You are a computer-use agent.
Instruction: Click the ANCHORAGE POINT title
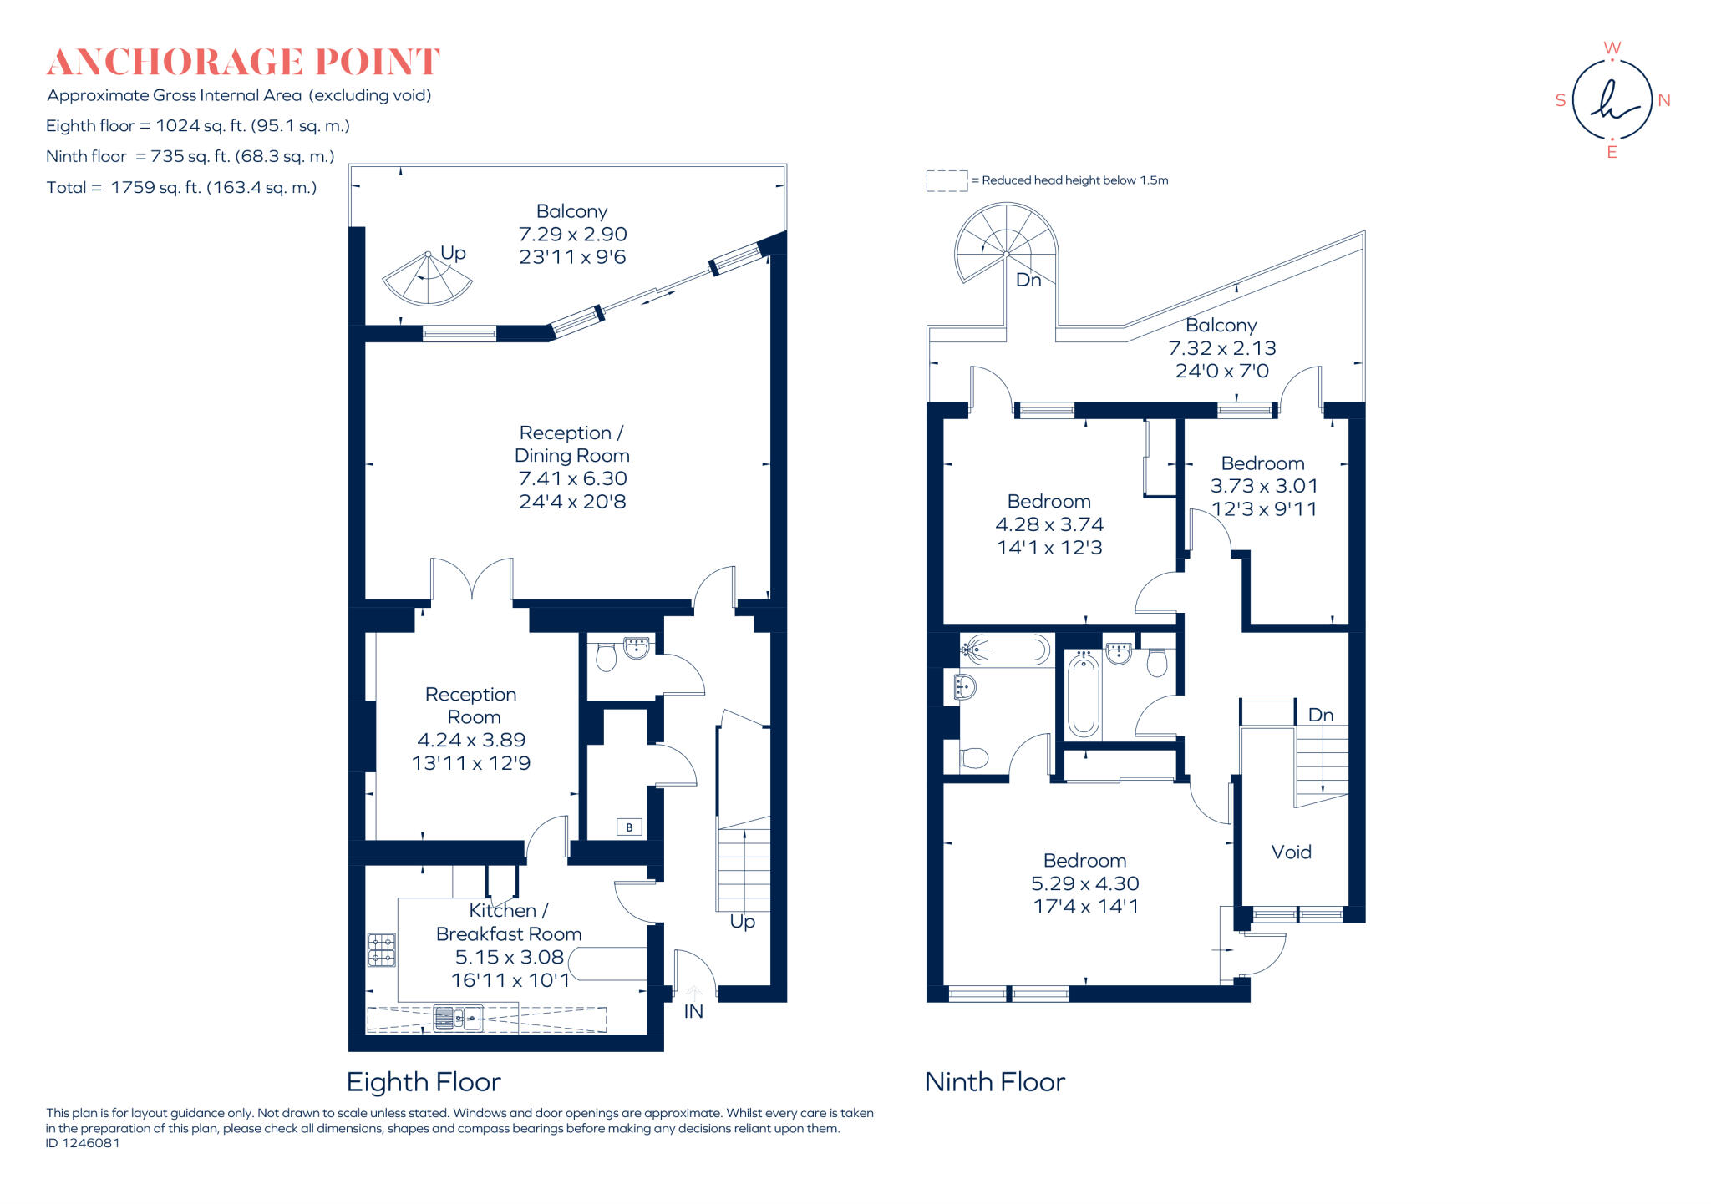click(x=243, y=63)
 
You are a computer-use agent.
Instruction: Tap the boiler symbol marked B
click(x=629, y=827)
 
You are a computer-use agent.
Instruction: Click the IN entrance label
click(x=693, y=1011)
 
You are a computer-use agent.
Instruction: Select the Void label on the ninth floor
click(x=1291, y=852)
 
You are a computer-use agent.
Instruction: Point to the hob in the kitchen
click(x=382, y=949)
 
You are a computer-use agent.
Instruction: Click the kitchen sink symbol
click(x=458, y=1018)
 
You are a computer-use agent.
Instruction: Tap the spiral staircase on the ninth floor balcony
click(x=1006, y=245)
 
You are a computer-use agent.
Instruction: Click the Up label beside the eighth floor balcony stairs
click(x=453, y=252)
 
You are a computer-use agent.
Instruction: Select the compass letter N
click(x=1663, y=100)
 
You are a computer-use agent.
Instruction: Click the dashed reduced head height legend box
click(x=946, y=180)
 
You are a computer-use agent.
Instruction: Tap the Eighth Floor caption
click(x=424, y=1082)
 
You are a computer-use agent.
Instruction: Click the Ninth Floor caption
click(x=994, y=1082)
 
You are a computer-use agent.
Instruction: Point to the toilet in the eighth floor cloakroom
click(x=606, y=658)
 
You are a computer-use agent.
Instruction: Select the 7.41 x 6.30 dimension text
click(x=572, y=478)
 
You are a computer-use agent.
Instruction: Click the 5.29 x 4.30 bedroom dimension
click(x=1084, y=883)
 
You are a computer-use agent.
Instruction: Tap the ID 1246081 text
click(x=83, y=1143)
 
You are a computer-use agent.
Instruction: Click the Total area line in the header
click(x=181, y=187)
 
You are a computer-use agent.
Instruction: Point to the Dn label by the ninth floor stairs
click(x=1320, y=715)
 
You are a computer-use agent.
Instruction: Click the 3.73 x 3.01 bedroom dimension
click(x=1263, y=486)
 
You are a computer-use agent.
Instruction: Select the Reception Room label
click(x=471, y=706)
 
